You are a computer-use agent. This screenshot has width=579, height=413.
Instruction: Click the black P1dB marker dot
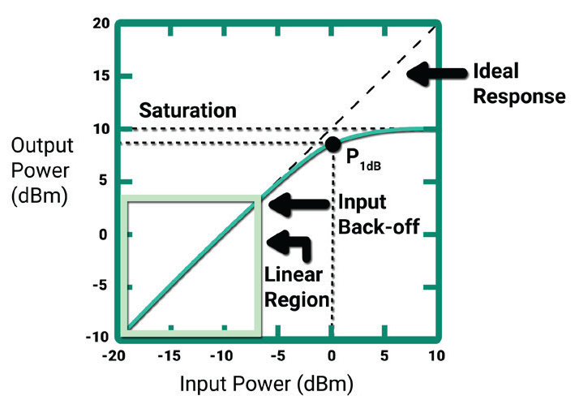(332, 144)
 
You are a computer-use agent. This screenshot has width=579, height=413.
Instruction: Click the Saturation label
(187, 110)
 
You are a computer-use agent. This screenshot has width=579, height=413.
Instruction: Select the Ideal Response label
(519, 84)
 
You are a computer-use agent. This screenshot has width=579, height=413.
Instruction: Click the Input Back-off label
(378, 215)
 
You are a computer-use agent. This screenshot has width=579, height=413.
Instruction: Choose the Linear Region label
(297, 287)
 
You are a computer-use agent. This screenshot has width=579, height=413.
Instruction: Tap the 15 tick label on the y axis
(101, 76)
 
